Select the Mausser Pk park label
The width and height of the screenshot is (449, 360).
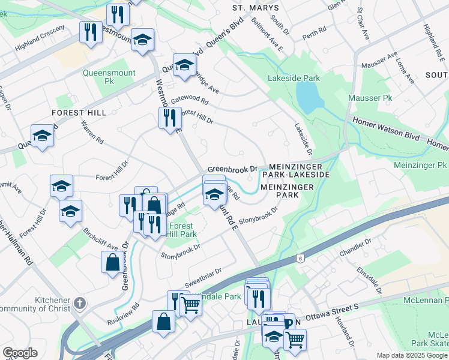[x=370, y=97]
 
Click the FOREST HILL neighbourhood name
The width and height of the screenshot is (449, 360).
[x=79, y=113]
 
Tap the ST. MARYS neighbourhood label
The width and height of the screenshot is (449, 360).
[x=256, y=8]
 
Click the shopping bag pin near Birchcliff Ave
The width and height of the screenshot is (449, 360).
[x=112, y=261]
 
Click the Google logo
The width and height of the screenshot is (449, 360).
[x=20, y=353]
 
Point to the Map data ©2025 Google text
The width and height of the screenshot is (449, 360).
[x=411, y=355]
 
